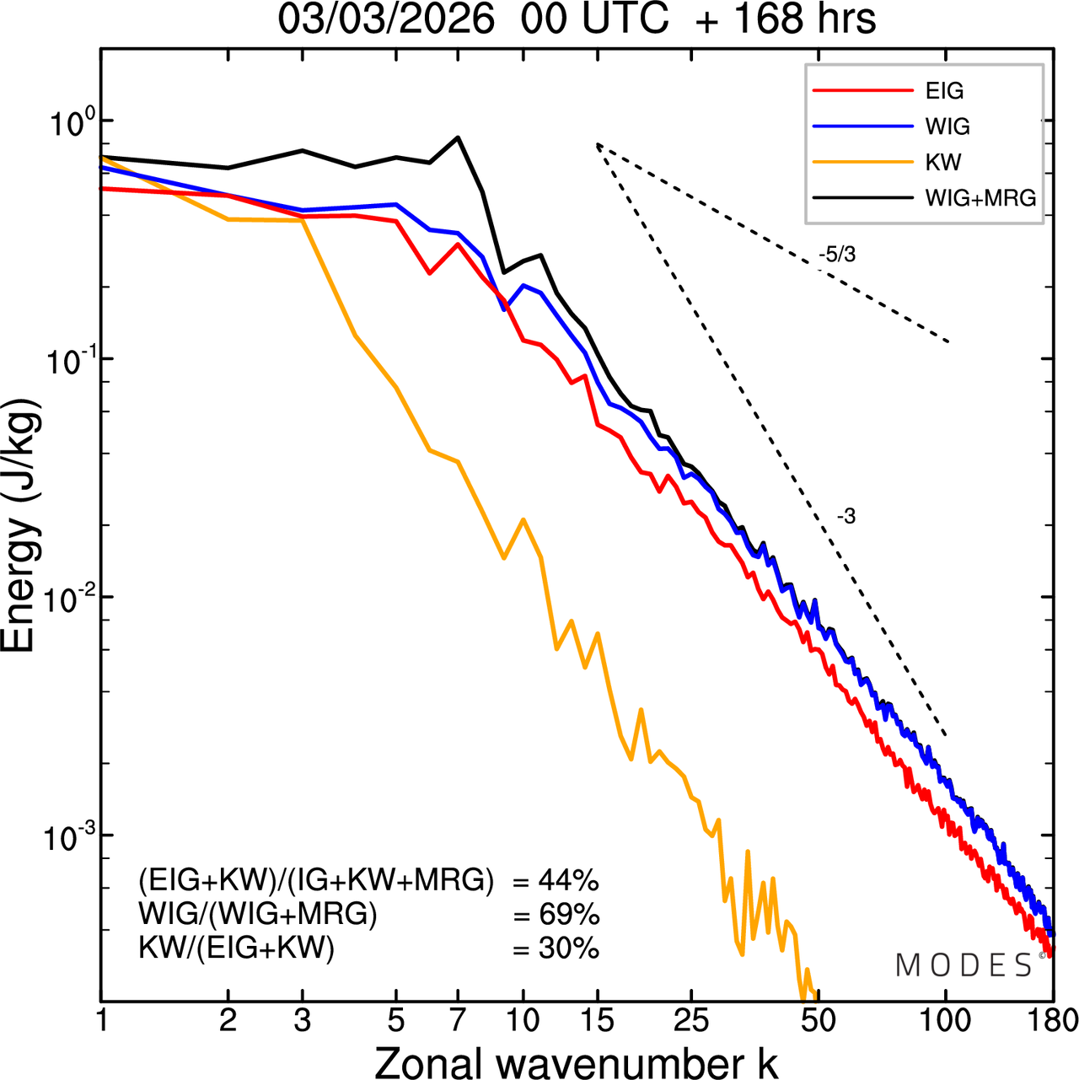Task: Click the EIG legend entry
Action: tap(944, 91)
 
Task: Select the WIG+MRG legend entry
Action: tap(980, 198)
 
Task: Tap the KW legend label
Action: tap(943, 162)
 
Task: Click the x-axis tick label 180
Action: tap(1053, 1020)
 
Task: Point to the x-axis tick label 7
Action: tap(458, 1020)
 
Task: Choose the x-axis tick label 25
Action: tap(690, 1020)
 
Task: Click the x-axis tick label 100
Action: tap(946, 1020)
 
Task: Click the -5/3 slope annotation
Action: tap(837, 255)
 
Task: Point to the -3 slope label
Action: tap(846, 517)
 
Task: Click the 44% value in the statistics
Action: tap(568, 881)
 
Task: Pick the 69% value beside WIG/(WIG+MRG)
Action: tap(568, 915)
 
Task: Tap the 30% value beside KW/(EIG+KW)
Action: tap(568, 948)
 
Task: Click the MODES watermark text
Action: tap(964, 965)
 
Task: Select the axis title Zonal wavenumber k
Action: tap(576, 1062)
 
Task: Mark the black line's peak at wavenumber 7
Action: tap(458, 137)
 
